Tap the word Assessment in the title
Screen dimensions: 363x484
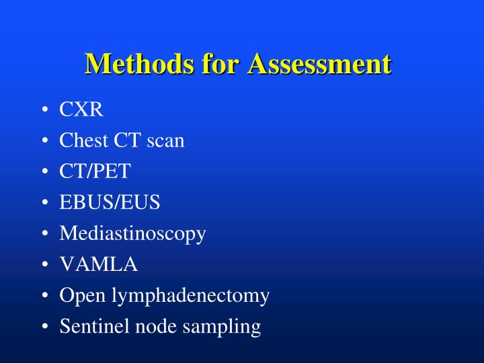pyautogui.click(x=319, y=65)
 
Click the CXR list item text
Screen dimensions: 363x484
pyautogui.click(x=81, y=110)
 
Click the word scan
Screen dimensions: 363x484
pyautogui.click(x=165, y=140)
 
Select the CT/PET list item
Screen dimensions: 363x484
pyautogui.click(x=95, y=171)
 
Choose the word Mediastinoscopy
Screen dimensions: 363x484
pyautogui.click(x=132, y=234)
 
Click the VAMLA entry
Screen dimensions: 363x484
pyautogui.click(x=99, y=265)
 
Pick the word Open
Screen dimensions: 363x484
pyautogui.click(x=77, y=296)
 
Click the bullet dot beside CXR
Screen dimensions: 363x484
pyautogui.click(x=44, y=110)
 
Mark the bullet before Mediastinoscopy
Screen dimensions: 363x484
pyautogui.click(x=44, y=235)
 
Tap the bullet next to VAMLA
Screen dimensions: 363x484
pyautogui.click(x=44, y=266)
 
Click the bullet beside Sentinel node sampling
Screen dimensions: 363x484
pyautogui.click(x=44, y=327)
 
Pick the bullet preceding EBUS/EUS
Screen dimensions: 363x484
pyautogui.click(x=44, y=203)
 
